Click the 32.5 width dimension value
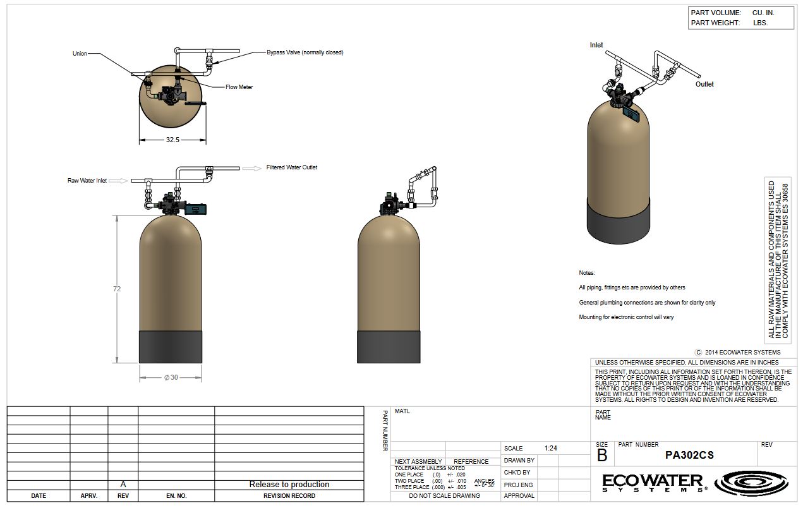pyautogui.click(x=172, y=140)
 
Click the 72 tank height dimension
pyautogui.click(x=117, y=289)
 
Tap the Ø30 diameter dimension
pyautogui.click(x=171, y=377)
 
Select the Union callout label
pyautogui.click(x=80, y=54)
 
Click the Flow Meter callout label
pyautogui.click(x=239, y=87)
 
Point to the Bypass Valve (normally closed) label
pyautogui.click(x=305, y=52)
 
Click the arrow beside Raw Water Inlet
pyautogui.click(x=118, y=181)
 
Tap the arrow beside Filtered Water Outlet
pyautogui.click(x=252, y=169)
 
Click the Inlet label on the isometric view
pyautogui.click(x=596, y=45)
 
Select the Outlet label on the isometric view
pyautogui.click(x=704, y=84)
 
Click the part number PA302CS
pyautogui.click(x=689, y=456)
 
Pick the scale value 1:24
pyautogui.click(x=551, y=448)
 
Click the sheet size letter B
pyautogui.click(x=602, y=456)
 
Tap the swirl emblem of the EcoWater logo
pyautogui.click(x=751, y=483)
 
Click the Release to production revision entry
pyautogui.click(x=289, y=485)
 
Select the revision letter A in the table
pyautogui.click(x=123, y=485)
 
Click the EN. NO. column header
pyautogui.click(x=176, y=496)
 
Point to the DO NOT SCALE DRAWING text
pyautogui.click(x=445, y=496)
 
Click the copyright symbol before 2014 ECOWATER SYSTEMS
pyautogui.click(x=698, y=353)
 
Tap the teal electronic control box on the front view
pyautogui.click(x=195, y=209)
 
